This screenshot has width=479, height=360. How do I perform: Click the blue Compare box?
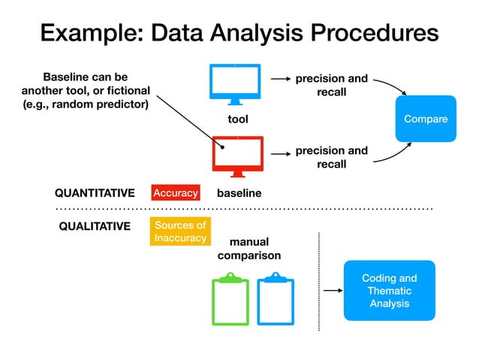(426, 119)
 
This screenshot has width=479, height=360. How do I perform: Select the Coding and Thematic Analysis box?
(389, 290)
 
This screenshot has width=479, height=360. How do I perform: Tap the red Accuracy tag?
(175, 193)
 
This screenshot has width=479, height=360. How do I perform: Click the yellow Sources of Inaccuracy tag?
(179, 231)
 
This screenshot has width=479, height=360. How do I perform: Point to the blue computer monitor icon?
(235, 84)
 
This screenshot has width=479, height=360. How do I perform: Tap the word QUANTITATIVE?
(95, 193)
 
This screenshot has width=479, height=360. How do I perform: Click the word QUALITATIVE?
(95, 226)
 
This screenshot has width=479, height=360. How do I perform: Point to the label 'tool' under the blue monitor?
(237, 119)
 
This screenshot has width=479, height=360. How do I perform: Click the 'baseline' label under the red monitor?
(239, 193)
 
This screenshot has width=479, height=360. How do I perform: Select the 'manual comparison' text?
(249, 249)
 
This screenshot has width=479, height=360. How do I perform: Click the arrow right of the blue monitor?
(280, 78)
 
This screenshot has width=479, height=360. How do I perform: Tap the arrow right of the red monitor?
(280, 153)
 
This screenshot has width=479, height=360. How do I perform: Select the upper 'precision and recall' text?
(331, 85)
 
